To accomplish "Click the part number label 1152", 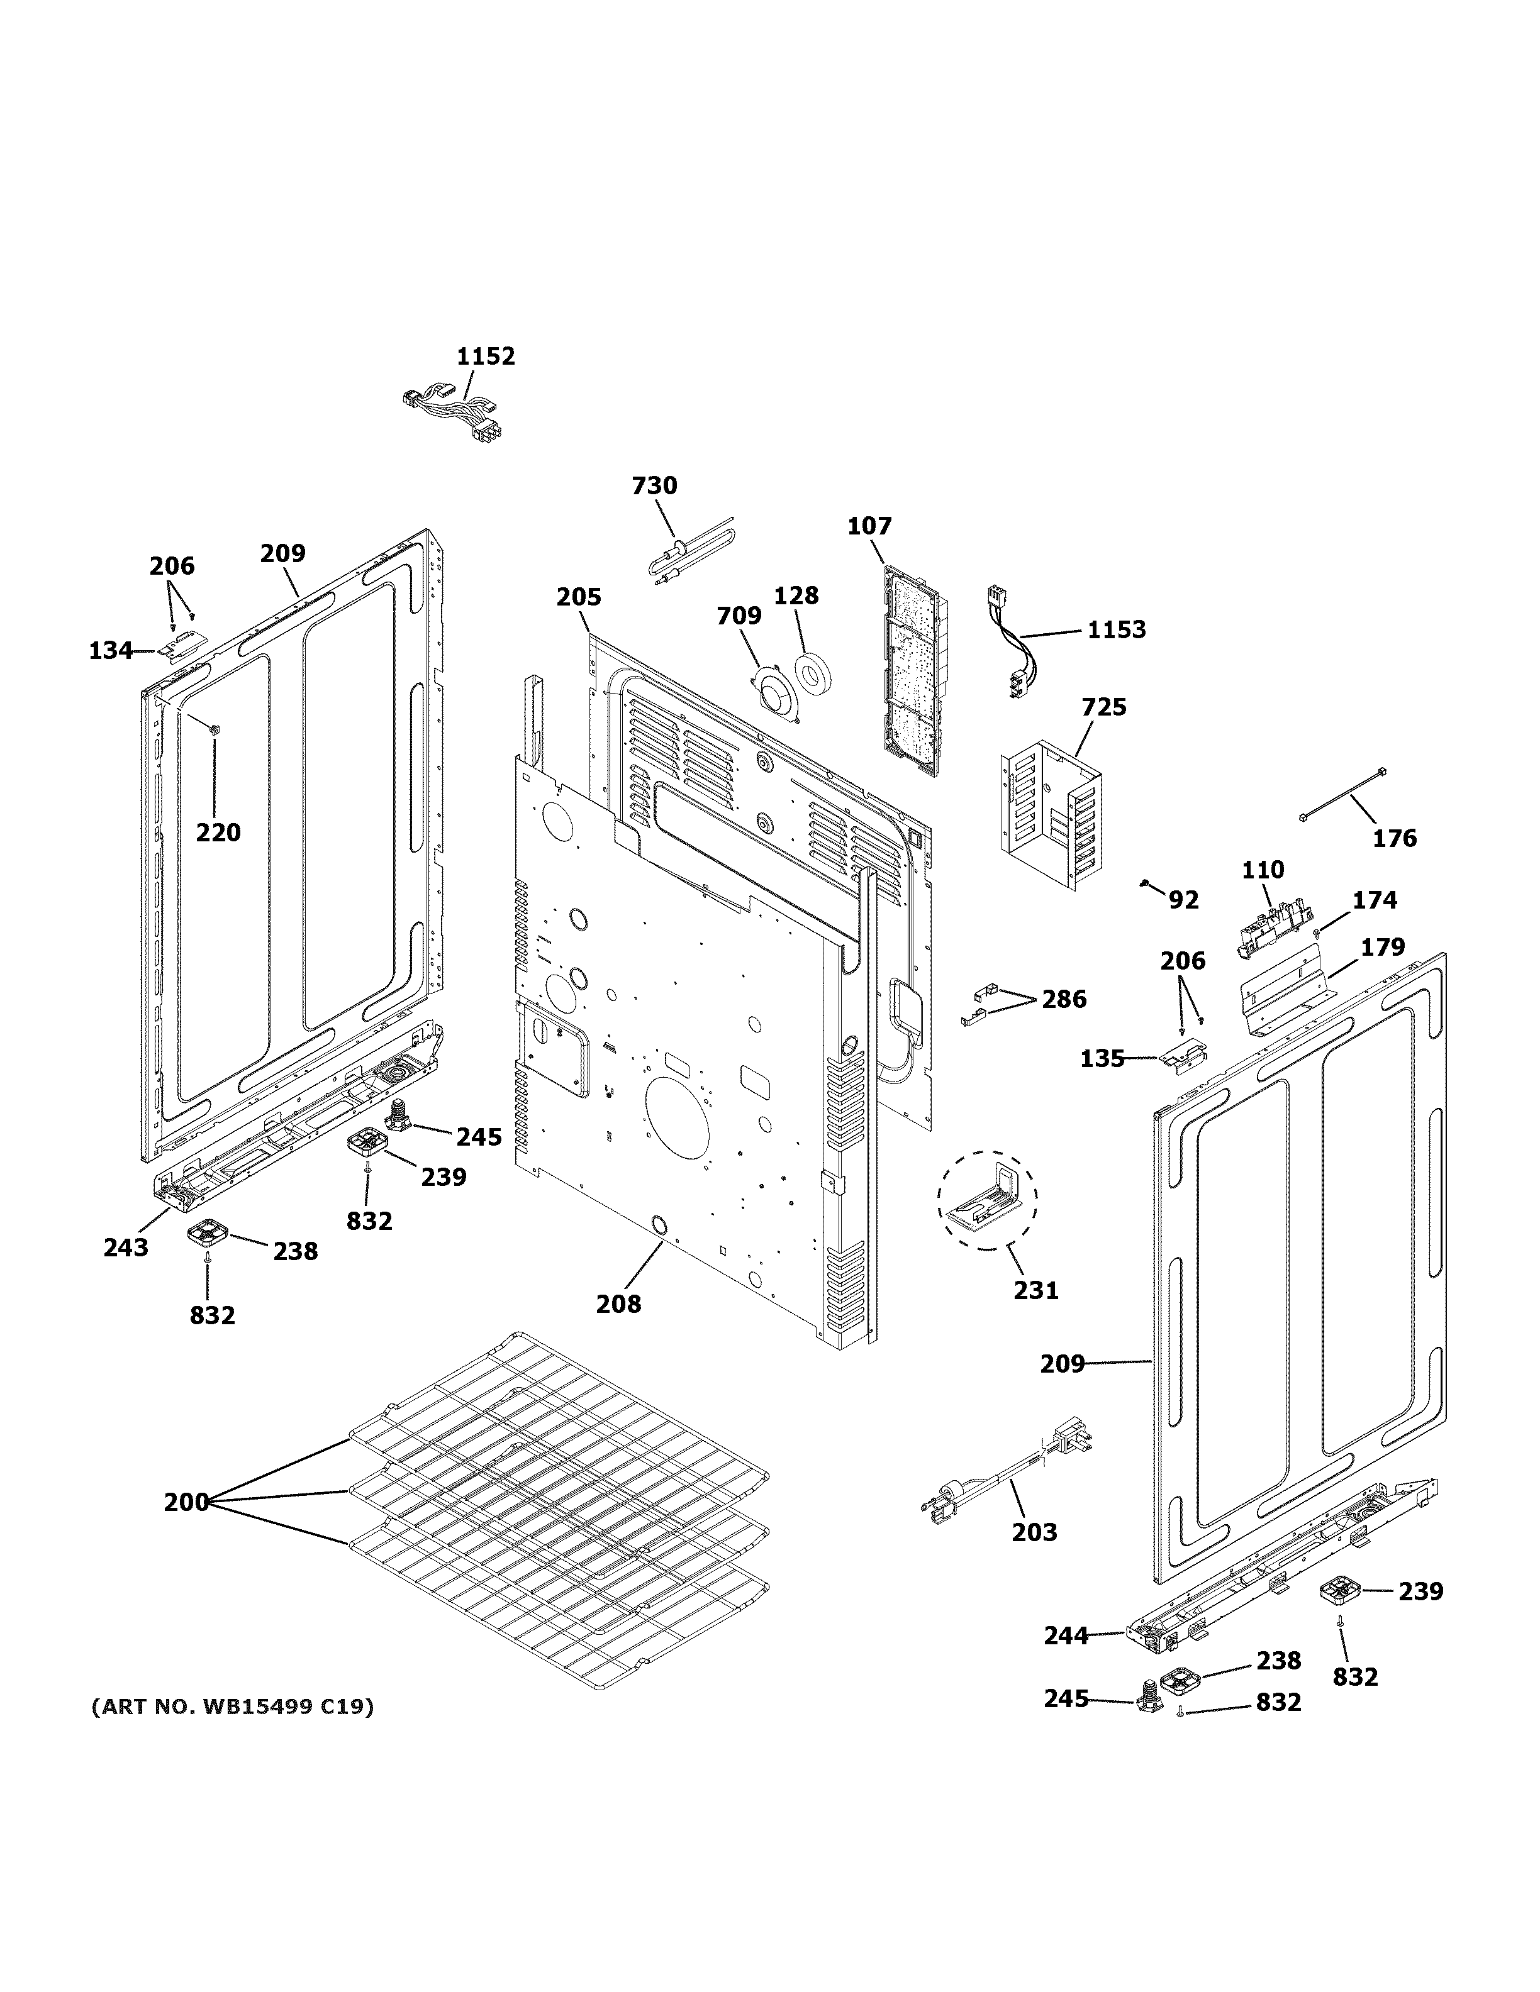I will (x=486, y=356).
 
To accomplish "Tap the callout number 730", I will (x=654, y=485).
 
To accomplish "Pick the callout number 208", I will (x=618, y=1304).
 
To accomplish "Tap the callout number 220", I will (x=218, y=832).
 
